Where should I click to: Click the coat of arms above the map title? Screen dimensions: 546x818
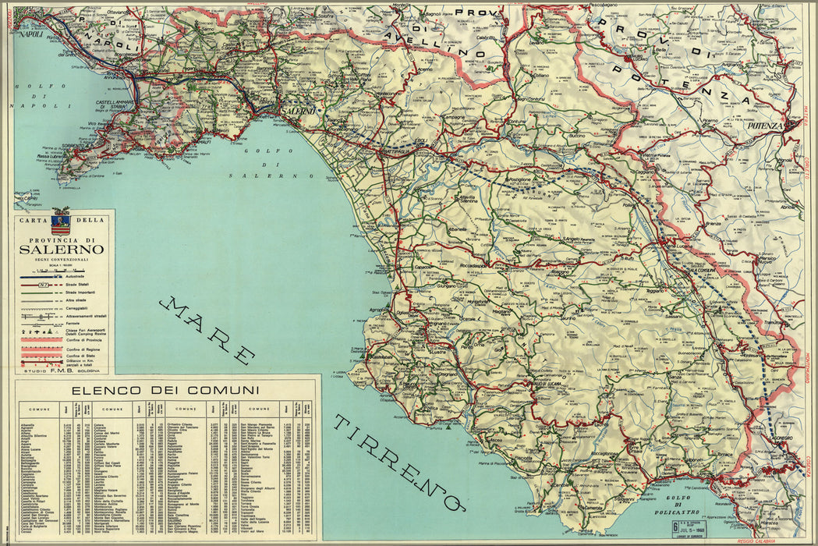[61, 221]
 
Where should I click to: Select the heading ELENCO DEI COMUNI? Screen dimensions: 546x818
[165, 390]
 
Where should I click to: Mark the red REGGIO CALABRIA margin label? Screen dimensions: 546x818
[756, 540]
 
